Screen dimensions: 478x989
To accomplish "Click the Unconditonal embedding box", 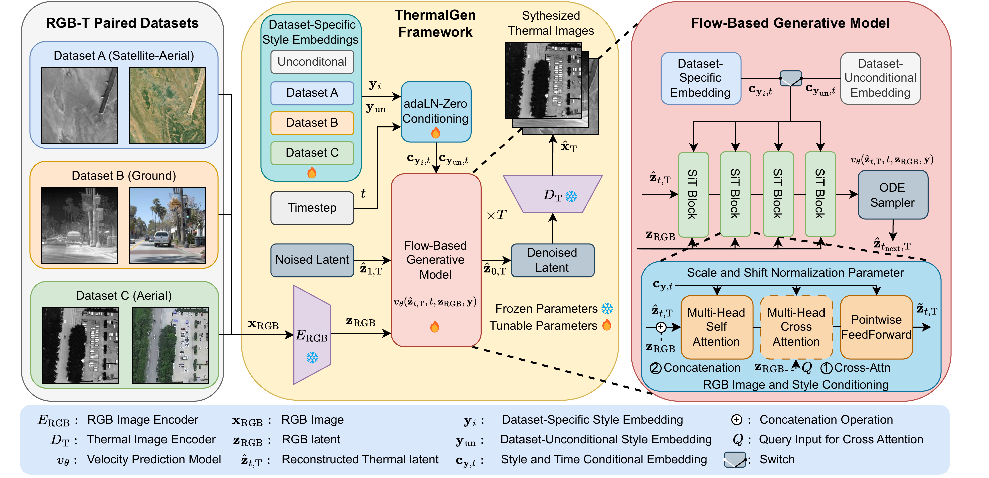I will (312, 62).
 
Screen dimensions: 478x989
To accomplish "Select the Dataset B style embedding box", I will (312, 123).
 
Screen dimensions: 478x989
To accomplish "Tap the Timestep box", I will (312, 208).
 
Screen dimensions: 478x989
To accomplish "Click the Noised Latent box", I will (312, 260).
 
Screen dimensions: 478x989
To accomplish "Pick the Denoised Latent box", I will (552, 260).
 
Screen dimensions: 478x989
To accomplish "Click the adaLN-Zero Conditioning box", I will (436, 111).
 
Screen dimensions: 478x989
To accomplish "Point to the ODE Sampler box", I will (892, 195).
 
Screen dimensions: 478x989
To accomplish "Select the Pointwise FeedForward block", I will (876, 327).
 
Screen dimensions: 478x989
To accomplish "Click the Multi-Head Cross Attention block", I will (796, 327).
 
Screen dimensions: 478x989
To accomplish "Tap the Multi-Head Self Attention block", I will (716, 327).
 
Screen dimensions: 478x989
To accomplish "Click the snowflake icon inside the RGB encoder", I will (312, 358).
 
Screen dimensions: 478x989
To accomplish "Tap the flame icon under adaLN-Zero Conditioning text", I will (435, 133).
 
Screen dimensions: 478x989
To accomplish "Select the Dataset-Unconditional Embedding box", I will (880, 78).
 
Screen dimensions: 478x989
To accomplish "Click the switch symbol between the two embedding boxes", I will (791, 78).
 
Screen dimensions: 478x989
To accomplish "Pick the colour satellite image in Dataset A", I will (167, 106).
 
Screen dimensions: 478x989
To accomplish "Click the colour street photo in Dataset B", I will (167, 226).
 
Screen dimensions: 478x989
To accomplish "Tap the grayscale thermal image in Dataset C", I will (80, 346).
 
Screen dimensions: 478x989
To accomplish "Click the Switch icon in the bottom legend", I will (735, 460).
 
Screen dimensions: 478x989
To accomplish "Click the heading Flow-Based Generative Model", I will (790, 23).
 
